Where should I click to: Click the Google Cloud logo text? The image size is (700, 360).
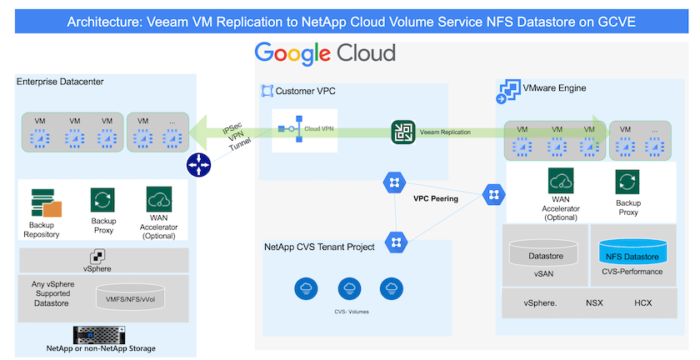tap(325, 54)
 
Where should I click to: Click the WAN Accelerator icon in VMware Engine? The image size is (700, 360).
tap(558, 181)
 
